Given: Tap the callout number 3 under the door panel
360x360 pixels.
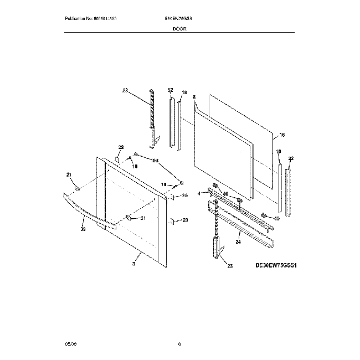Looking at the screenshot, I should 133,265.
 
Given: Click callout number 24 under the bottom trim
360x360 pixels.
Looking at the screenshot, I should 238,241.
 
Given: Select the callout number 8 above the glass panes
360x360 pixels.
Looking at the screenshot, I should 194,97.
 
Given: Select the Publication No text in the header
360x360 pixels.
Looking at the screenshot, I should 91,18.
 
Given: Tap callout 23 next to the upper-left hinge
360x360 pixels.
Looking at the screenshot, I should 125,90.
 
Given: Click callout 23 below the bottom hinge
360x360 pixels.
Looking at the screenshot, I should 230,266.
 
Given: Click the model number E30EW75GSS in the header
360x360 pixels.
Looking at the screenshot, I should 176,18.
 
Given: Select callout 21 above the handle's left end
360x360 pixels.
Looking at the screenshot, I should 70,176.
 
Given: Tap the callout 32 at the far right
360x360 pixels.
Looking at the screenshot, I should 291,159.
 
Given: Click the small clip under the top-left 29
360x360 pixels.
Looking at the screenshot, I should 118,158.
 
